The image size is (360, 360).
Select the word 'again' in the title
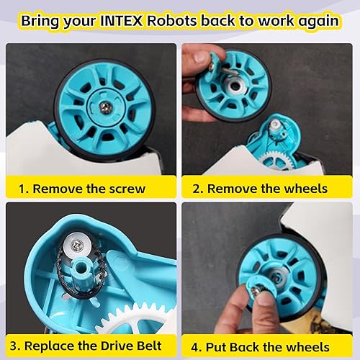312,20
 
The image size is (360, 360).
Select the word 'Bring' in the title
44,20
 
